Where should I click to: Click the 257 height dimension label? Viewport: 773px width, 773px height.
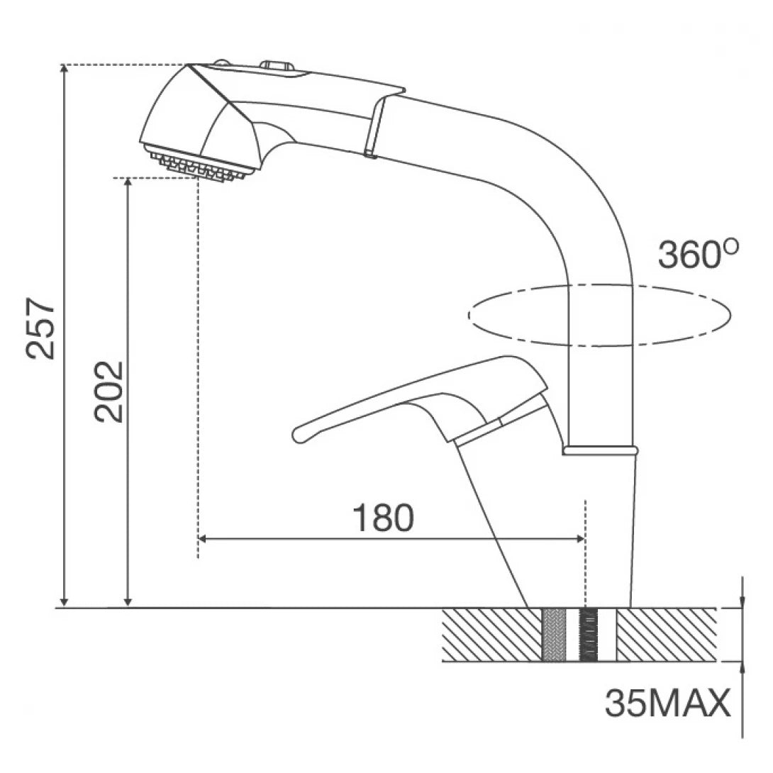40,328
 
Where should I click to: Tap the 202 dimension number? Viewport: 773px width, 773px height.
109,392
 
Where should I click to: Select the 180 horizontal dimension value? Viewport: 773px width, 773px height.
383,518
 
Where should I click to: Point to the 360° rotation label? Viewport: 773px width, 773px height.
698,255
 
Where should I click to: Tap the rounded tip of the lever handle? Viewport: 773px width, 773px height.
299,434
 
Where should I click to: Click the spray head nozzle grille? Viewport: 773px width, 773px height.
200,165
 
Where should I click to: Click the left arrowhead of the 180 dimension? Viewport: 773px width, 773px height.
202,539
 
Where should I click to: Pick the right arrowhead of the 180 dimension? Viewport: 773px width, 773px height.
580,539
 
